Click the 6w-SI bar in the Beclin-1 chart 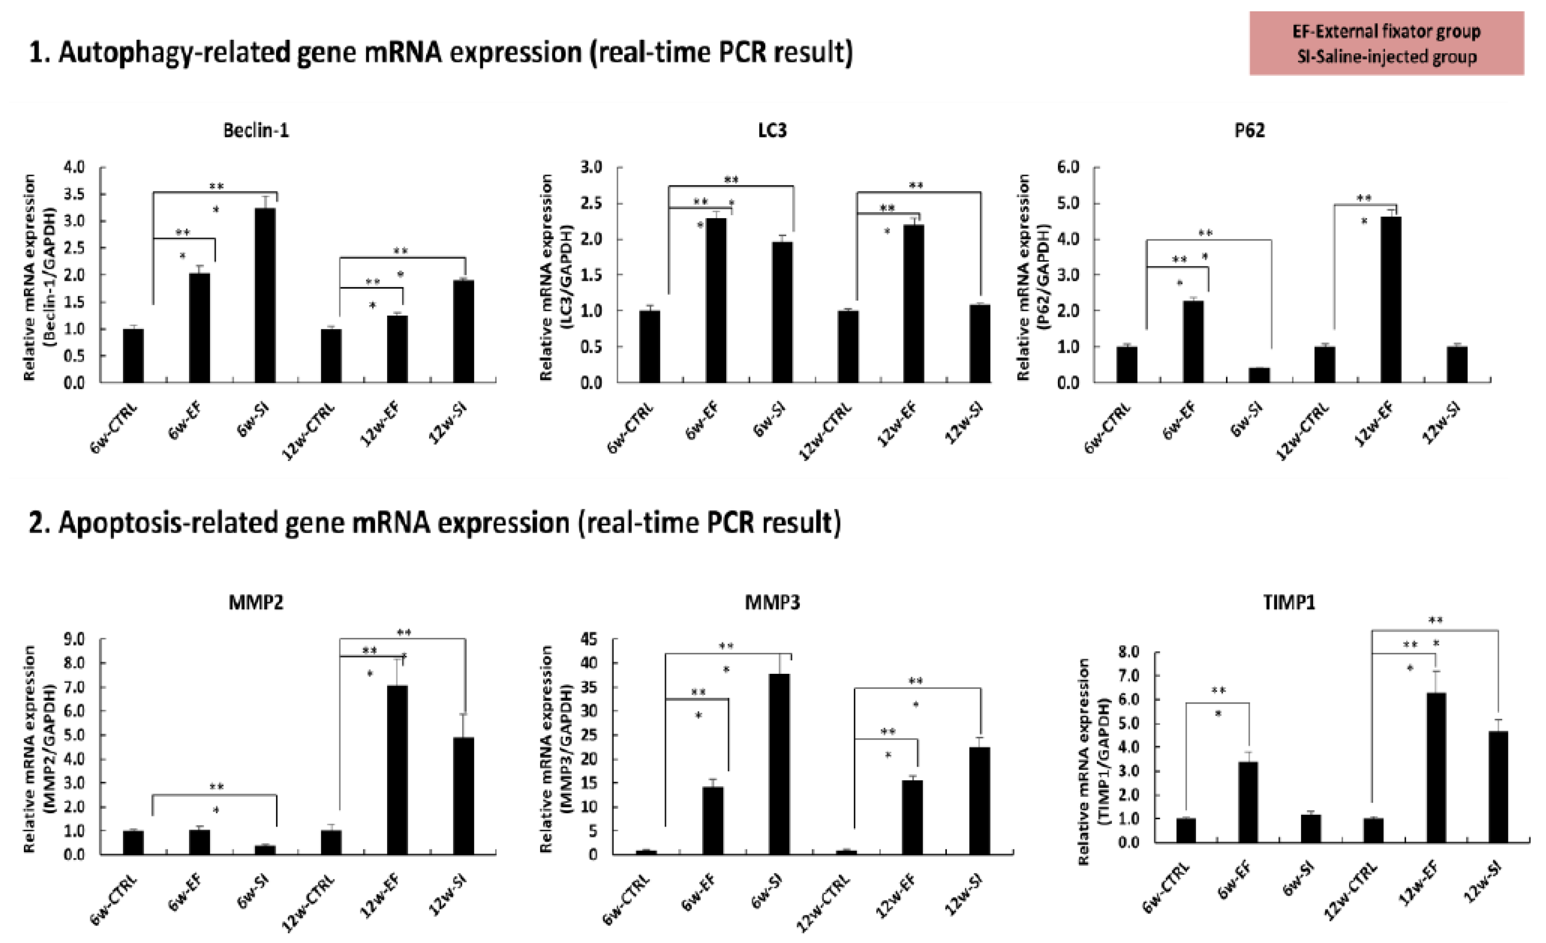[265, 295]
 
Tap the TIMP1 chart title [1289, 603]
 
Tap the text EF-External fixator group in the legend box [1386, 31]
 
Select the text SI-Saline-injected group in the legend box [1386, 57]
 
